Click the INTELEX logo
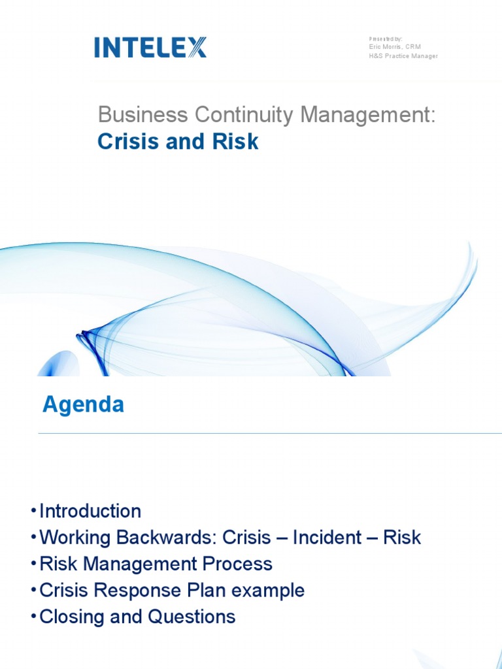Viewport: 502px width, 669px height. point(150,47)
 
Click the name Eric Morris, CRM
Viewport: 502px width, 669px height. point(394,47)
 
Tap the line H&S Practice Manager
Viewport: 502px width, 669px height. point(403,56)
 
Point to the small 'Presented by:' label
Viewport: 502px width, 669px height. point(385,39)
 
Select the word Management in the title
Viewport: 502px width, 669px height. point(367,116)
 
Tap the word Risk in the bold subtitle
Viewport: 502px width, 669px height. point(237,142)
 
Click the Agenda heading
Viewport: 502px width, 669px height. point(83,404)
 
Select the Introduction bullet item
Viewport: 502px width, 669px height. point(90,511)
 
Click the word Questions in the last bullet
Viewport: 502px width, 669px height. point(191,617)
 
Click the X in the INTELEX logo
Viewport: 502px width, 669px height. point(195,47)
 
